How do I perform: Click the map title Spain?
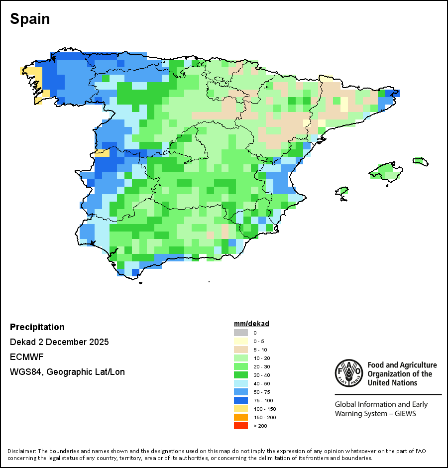30,19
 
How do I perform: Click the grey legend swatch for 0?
240,333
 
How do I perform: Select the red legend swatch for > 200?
240,426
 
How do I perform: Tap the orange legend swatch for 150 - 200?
240,417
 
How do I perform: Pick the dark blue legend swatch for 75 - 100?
240,400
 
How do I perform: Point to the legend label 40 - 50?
262,383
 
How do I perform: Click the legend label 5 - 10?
260,350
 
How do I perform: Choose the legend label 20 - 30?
262,366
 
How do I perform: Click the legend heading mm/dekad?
251,324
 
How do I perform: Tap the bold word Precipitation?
37,327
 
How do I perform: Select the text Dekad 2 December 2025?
59,342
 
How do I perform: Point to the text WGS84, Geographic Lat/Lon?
67,372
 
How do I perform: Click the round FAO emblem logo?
348,373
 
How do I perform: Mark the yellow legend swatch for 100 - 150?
240,409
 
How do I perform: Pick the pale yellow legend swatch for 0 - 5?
240,341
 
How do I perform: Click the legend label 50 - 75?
262,392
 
